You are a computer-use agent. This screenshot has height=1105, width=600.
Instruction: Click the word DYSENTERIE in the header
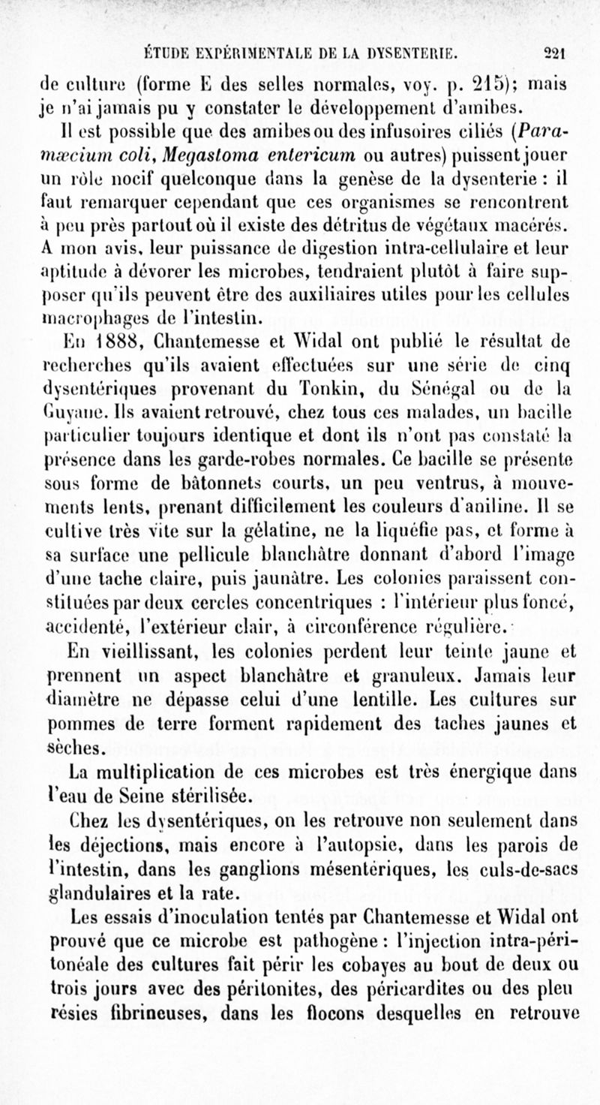(x=400, y=53)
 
